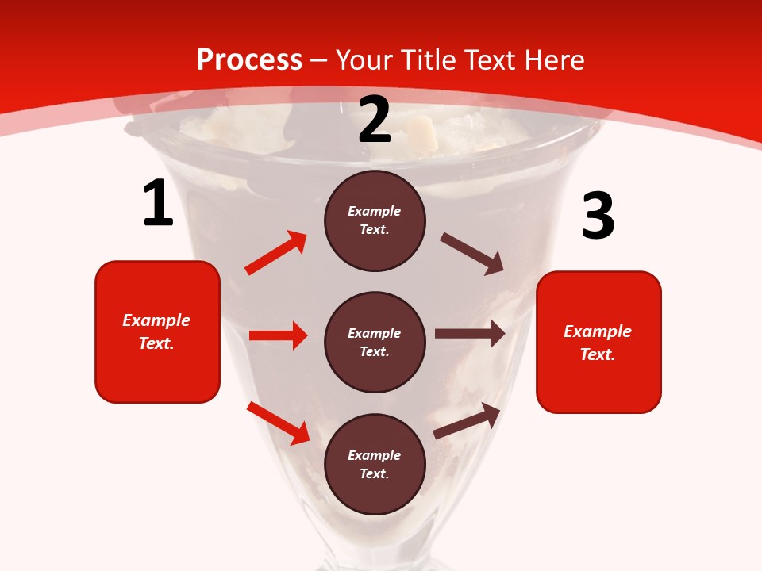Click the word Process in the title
[249, 60]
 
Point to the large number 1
[158, 203]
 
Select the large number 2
[375, 120]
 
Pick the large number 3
[598, 217]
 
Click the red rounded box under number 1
[157, 331]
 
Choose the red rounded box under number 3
[598, 342]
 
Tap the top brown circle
[375, 220]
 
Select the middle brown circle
[375, 342]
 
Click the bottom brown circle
[375, 464]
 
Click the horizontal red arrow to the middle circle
[278, 335]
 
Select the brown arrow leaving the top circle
[472, 254]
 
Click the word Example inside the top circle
[375, 211]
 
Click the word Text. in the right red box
[598, 354]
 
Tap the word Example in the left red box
[156, 320]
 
